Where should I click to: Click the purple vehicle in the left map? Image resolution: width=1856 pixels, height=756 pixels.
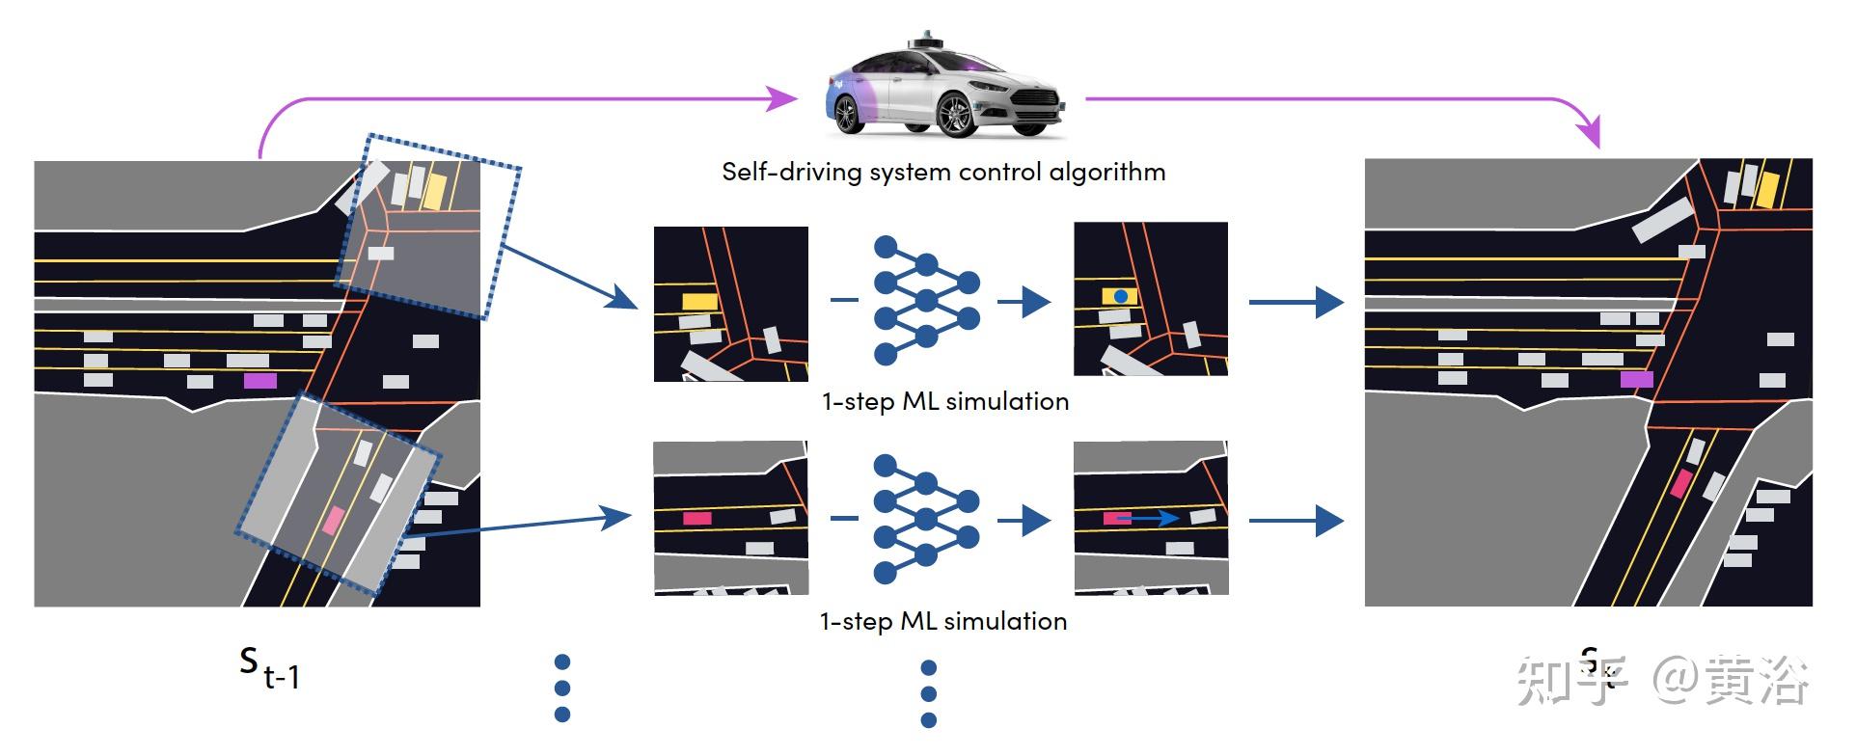point(259,380)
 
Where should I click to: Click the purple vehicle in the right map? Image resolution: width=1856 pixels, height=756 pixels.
point(1636,379)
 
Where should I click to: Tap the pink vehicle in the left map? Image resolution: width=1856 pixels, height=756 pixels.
point(332,520)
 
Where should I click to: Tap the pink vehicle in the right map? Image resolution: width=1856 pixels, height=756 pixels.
point(1680,483)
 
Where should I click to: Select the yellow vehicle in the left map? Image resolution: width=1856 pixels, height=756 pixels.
point(434,191)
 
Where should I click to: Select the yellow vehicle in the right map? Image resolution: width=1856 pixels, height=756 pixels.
point(1767,189)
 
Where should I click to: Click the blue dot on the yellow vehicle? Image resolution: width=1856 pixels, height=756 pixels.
point(1120,296)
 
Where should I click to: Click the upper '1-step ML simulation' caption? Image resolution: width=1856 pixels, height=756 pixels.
point(944,401)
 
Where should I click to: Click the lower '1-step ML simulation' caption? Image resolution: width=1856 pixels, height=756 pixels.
point(942,621)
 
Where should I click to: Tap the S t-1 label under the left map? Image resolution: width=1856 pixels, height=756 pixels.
point(269,666)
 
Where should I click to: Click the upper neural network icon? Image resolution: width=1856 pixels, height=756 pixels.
point(925,300)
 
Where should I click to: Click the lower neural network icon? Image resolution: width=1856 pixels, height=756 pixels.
point(925,520)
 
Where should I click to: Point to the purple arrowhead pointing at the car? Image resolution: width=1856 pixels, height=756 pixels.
point(782,97)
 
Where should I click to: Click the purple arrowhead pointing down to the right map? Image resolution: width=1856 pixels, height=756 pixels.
point(1588,131)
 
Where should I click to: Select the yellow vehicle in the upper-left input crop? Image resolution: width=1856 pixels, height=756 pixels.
point(699,302)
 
